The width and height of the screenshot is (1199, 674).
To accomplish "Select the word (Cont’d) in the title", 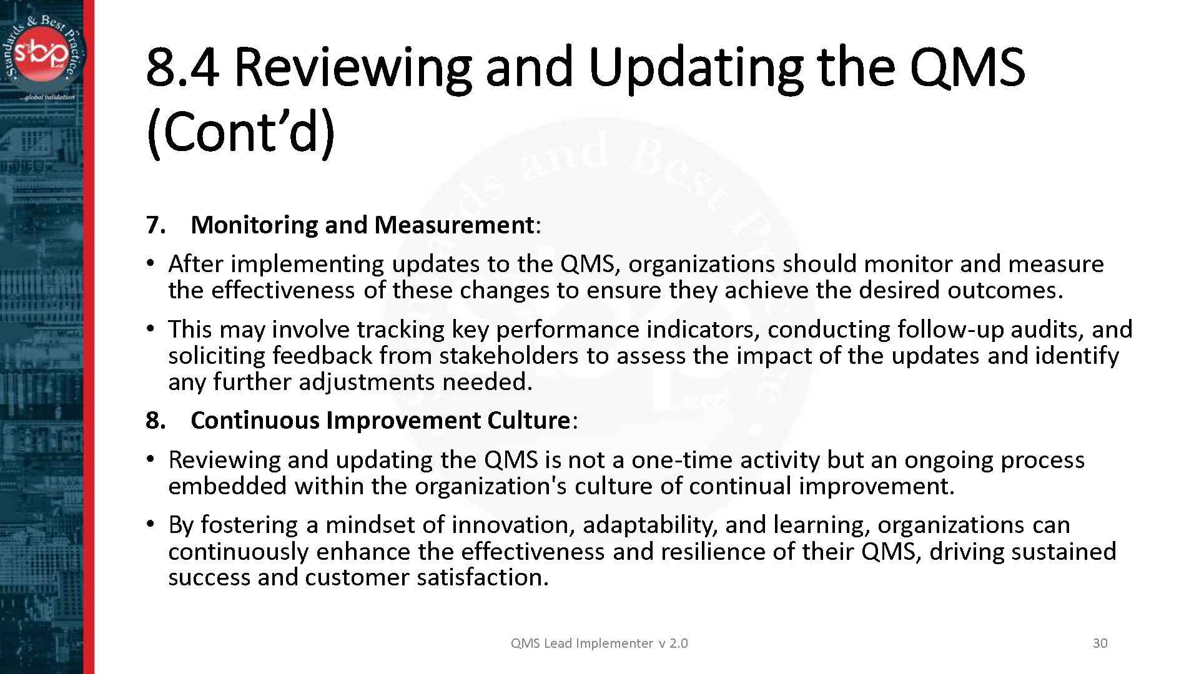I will [x=241, y=132].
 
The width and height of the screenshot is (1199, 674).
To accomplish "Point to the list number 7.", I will [x=155, y=225].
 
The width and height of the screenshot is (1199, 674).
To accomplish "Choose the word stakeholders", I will [x=508, y=356].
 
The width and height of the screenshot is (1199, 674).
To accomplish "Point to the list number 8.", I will [x=155, y=421].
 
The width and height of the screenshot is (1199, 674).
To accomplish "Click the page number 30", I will [x=1100, y=643].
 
